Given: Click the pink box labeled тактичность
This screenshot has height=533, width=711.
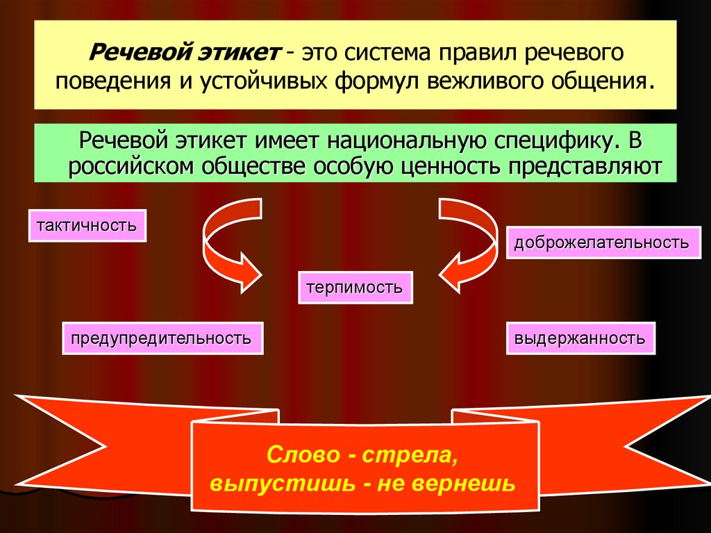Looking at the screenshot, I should (87, 225).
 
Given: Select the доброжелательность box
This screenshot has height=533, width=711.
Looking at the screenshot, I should (601, 243).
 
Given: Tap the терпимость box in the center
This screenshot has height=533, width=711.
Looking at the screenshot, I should (355, 287).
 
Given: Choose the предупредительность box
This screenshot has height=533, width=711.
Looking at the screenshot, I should (162, 338).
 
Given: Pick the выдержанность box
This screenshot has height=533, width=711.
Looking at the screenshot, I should (580, 338).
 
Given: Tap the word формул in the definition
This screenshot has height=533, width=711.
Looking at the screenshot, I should (378, 81).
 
